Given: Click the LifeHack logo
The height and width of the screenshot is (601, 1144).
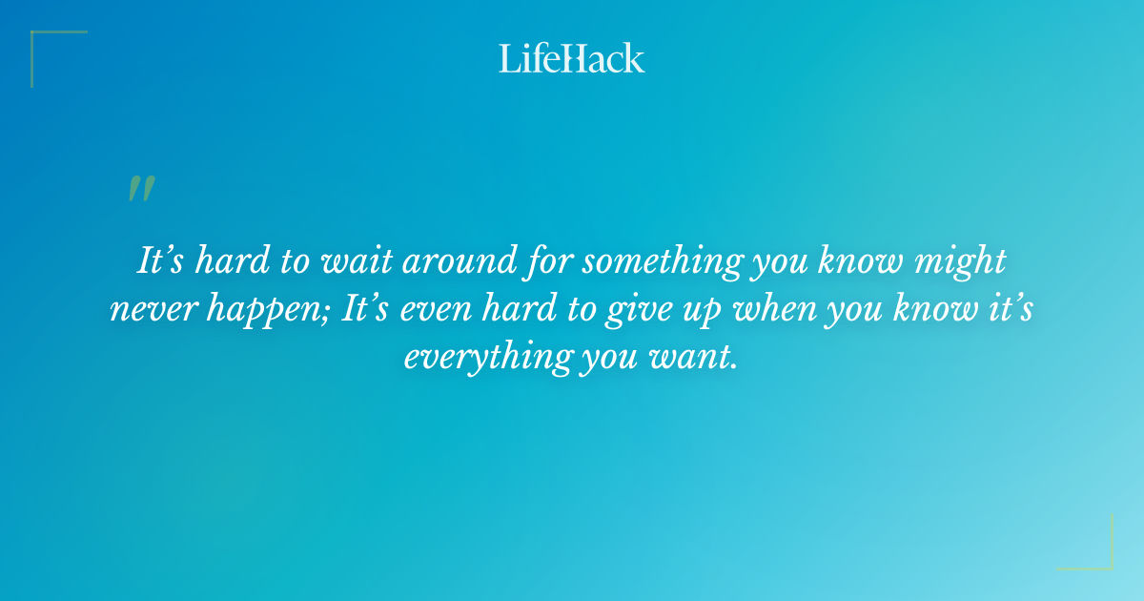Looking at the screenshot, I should [572, 58].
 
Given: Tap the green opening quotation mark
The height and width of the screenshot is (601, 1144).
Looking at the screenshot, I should [141, 189].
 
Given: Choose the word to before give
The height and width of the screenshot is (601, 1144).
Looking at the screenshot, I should [564, 310].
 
